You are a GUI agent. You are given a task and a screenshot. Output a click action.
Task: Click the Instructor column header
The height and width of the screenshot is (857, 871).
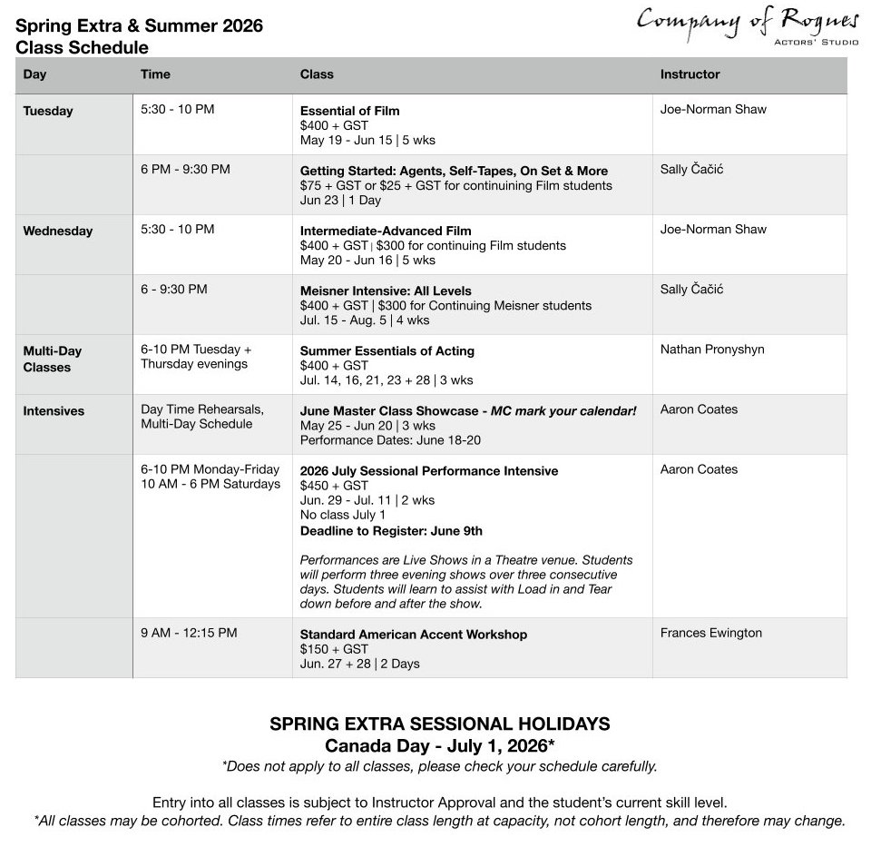(x=690, y=74)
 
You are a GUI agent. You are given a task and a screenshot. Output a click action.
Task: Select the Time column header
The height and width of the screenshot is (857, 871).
(x=155, y=74)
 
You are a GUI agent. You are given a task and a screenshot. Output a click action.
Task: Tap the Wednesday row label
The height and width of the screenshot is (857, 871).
(x=57, y=231)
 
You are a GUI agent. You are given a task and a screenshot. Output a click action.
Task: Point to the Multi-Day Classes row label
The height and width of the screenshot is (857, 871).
(x=53, y=359)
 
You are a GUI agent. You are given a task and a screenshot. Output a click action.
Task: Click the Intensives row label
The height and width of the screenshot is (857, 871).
(x=54, y=410)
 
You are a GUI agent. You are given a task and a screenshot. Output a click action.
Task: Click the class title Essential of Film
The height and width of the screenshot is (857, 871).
(x=349, y=111)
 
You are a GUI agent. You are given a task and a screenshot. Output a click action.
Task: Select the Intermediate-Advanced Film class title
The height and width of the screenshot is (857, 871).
(x=386, y=231)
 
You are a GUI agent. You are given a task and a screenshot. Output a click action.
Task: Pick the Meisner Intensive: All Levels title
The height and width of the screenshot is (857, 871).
(x=386, y=291)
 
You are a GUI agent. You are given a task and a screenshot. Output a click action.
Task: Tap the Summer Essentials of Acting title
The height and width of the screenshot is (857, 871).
(x=387, y=350)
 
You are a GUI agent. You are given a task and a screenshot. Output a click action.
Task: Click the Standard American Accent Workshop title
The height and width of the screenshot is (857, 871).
(x=413, y=635)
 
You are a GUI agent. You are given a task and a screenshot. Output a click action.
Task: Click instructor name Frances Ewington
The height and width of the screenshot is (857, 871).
(x=710, y=633)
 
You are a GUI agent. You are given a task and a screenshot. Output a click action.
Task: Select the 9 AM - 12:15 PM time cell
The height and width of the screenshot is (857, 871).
(x=189, y=633)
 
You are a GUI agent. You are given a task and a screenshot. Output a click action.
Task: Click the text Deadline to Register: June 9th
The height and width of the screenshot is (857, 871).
(x=391, y=531)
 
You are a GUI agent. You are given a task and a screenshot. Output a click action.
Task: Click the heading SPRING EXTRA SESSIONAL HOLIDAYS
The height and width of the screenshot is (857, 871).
(x=440, y=724)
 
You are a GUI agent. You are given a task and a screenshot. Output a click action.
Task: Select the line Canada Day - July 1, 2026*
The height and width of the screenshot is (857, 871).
(x=440, y=745)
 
